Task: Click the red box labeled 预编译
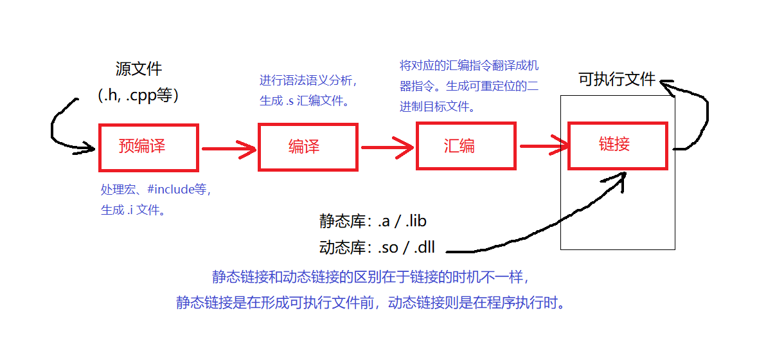coord(148,147)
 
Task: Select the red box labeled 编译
coord(307,147)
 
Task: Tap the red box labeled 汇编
coord(466,146)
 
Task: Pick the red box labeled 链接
coord(618,145)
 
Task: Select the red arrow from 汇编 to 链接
coord(544,147)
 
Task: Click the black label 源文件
coord(139,69)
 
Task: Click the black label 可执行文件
coord(617,79)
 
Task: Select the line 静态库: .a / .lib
coord(373,222)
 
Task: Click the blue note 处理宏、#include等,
coord(156,190)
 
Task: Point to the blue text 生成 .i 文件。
coord(133,210)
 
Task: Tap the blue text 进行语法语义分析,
coord(308,80)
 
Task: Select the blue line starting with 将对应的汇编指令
coord(469,66)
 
